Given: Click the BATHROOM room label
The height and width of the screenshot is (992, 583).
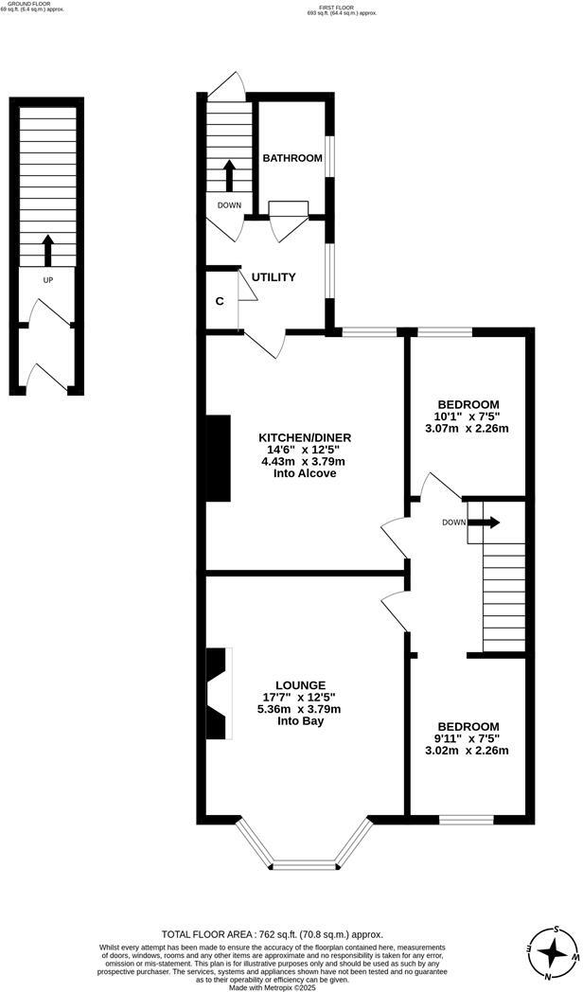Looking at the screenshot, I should pos(292,158).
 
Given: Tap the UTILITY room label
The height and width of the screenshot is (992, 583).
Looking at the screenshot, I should pos(274,277).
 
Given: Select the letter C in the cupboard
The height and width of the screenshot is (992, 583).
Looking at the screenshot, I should pos(220,301).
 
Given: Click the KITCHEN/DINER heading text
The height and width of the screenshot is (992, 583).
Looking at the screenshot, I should pos(306,437).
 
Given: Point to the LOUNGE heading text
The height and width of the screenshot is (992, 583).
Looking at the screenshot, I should pos(301,684).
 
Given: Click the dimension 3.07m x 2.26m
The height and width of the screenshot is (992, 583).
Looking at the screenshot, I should pos(468,428).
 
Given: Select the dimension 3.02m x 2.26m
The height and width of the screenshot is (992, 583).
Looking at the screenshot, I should pos(468,751).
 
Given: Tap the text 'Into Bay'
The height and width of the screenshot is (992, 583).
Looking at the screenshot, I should pos(301,721).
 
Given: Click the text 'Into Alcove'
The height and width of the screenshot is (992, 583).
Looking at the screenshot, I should pos(306,473).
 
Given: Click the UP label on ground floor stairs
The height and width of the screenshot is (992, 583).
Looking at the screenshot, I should pos(47,281).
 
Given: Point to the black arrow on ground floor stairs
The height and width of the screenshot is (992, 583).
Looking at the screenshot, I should pos(47,250).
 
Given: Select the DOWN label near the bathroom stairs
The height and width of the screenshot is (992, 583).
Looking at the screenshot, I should pos(229,205).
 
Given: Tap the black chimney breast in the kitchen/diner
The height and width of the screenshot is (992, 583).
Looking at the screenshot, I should pos(220,458).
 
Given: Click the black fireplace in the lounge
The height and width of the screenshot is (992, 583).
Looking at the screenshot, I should pos(219,694).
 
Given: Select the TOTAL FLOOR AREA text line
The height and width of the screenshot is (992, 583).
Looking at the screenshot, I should pos(273,934).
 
